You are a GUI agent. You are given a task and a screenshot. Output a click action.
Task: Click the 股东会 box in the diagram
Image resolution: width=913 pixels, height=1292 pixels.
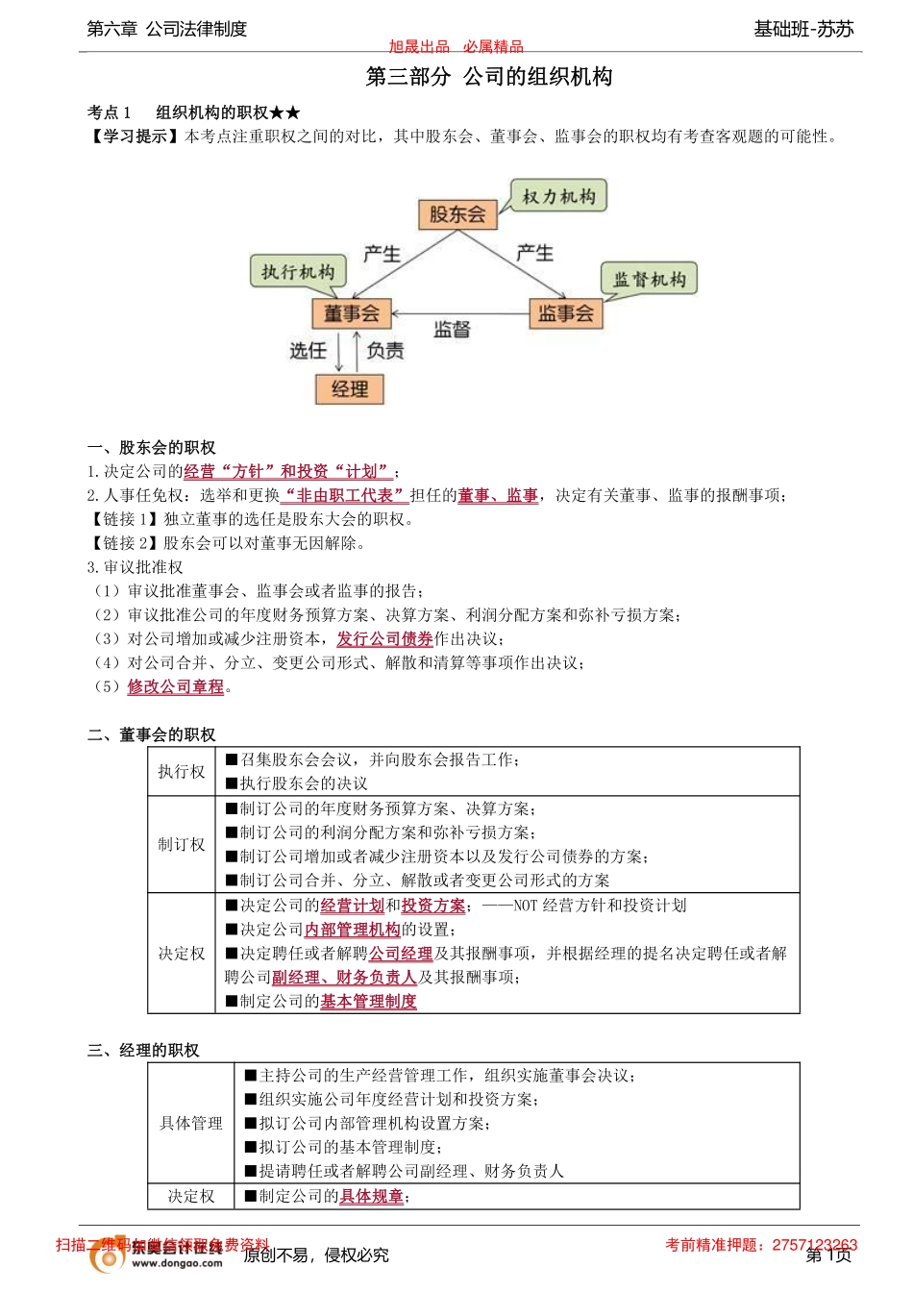coord(457,214)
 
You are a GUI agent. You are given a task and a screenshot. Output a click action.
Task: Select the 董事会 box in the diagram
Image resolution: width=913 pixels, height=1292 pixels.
coord(351,313)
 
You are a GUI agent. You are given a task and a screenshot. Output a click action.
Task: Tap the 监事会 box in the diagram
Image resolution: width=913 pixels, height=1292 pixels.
coord(565,313)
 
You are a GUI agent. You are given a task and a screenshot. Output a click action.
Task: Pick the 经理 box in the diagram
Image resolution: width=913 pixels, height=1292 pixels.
coord(350,389)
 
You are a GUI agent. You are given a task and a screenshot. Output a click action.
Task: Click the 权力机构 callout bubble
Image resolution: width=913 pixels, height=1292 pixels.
coord(558,197)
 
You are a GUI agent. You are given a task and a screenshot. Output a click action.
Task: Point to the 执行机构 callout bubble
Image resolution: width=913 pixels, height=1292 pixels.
coord(298,272)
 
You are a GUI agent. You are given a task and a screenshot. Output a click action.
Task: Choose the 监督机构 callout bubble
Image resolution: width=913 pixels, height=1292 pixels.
coord(650,280)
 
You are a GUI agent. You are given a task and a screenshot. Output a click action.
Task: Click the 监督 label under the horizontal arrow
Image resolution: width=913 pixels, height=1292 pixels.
coord(452,330)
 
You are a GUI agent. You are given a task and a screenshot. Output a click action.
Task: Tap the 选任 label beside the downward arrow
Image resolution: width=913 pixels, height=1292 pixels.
coord(308,351)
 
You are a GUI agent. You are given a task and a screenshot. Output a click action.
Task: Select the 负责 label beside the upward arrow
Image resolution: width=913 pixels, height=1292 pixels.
coord(385,351)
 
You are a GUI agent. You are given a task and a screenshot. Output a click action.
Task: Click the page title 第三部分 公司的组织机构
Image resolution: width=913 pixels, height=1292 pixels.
coord(489,77)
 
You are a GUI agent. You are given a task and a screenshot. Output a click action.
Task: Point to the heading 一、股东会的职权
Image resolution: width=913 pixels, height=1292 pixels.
coord(152,447)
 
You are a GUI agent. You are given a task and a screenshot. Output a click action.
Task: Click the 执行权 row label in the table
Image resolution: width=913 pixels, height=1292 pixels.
coord(182,771)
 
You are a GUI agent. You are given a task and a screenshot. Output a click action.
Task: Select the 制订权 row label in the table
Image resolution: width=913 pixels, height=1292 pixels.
coord(182,844)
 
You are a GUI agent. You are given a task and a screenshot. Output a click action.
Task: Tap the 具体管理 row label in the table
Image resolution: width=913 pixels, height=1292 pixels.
coord(191,1123)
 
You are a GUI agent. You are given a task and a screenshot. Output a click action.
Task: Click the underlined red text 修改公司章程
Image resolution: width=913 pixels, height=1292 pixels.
coord(176,686)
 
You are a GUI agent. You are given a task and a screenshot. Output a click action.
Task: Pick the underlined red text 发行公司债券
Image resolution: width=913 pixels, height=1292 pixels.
coord(384,638)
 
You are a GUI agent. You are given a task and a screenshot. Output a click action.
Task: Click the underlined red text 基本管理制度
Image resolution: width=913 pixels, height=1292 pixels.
coord(368,1001)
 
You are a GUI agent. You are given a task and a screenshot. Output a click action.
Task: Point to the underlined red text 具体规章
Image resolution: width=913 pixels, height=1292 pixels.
coord(371,1196)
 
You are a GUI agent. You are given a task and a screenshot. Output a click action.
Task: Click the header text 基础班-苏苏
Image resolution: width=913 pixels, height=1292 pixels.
coord(803,29)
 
